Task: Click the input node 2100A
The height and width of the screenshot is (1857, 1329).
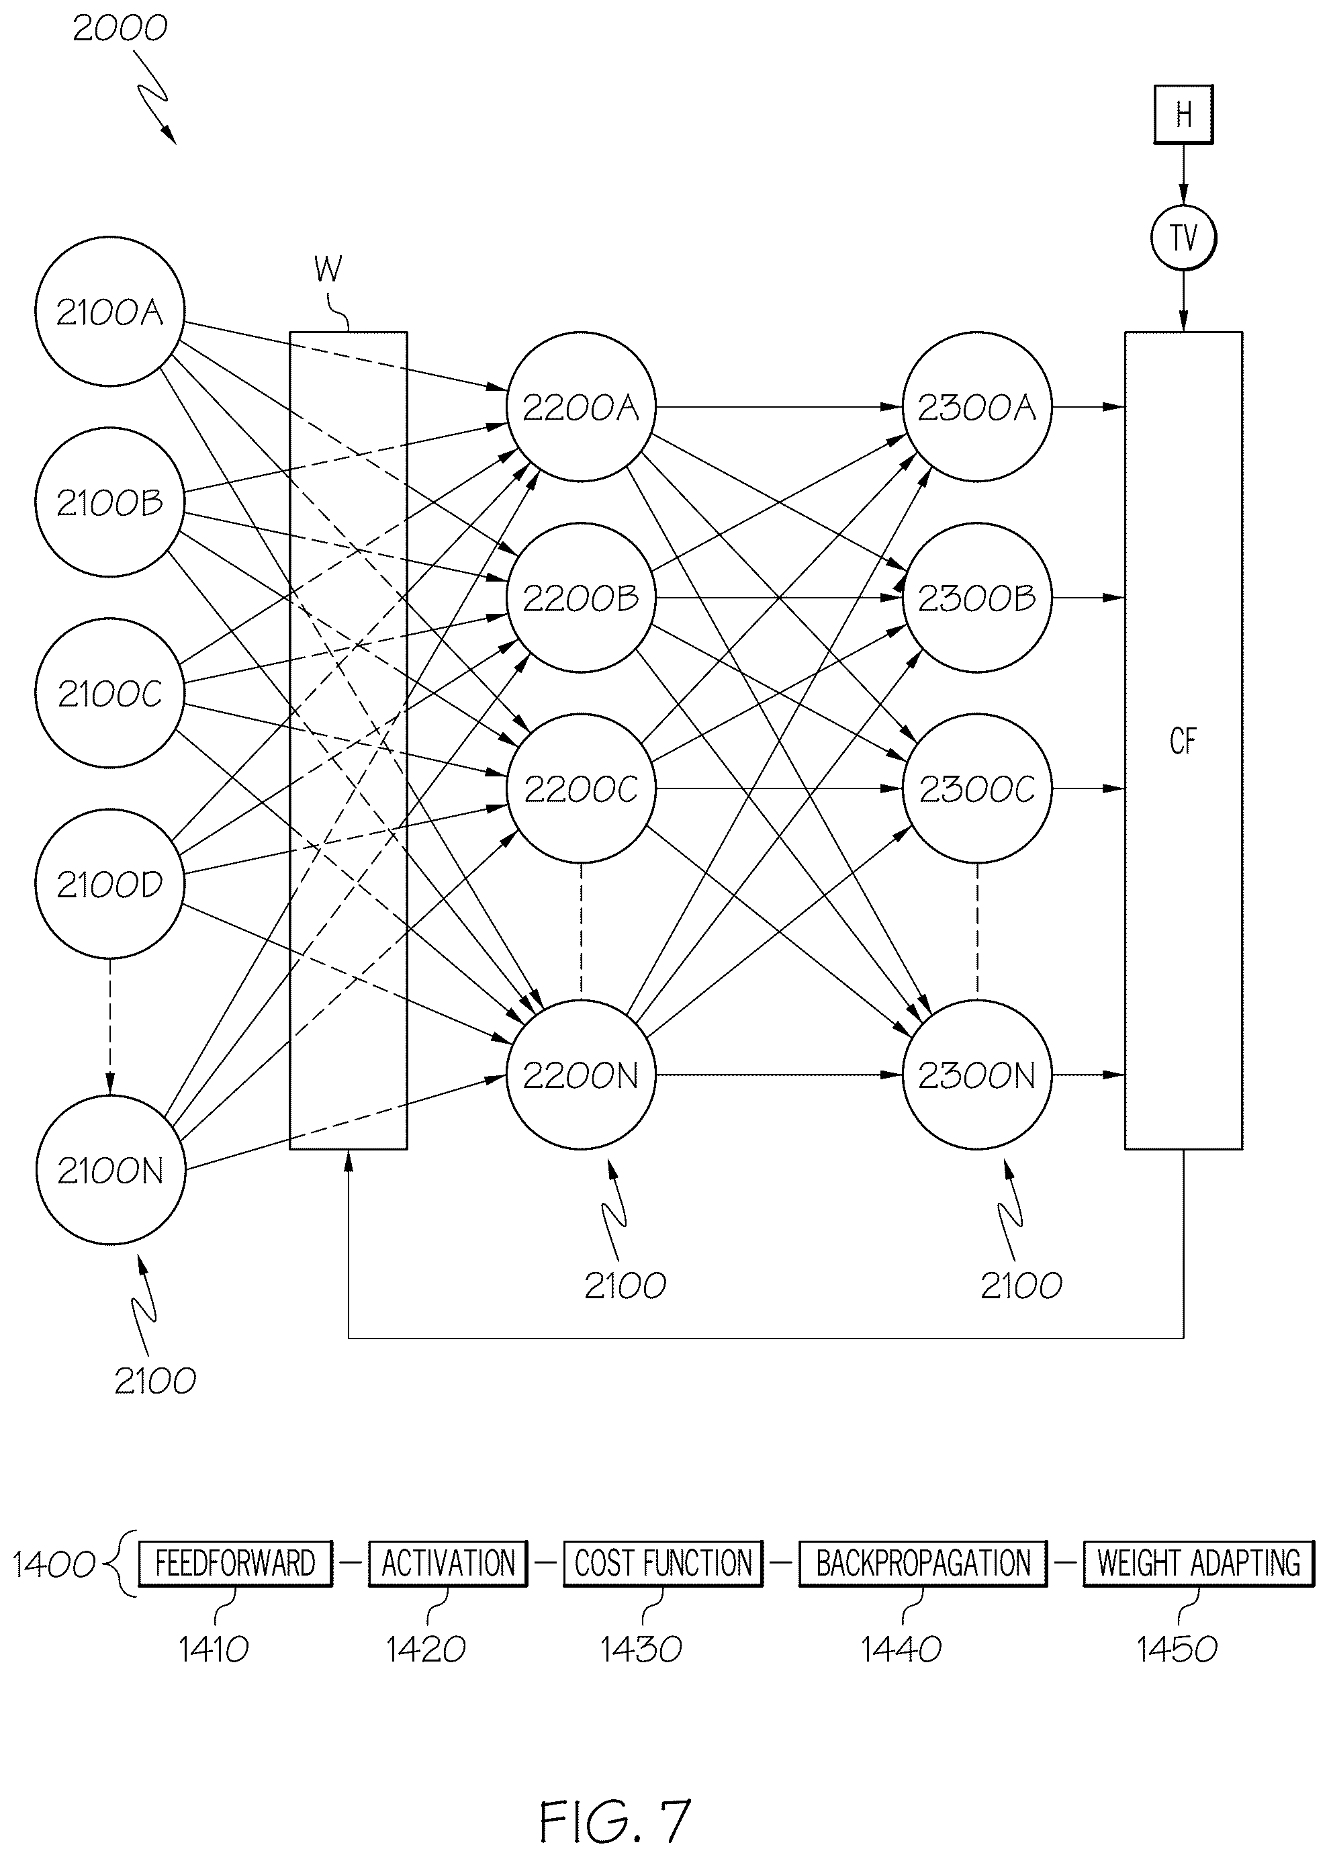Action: (x=109, y=312)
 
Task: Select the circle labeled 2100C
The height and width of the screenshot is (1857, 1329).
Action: (x=109, y=693)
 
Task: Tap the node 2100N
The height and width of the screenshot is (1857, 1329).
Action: (x=111, y=1171)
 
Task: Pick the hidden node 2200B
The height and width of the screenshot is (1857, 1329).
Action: (x=581, y=598)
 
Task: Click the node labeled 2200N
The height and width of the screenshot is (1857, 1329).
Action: (x=581, y=1075)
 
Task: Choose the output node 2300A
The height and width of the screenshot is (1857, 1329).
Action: (x=977, y=407)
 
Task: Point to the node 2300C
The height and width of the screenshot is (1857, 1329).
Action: (x=977, y=788)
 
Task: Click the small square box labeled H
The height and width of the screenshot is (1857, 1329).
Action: (x=1183, y=115)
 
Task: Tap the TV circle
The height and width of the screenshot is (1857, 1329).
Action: (x=1183, y=238)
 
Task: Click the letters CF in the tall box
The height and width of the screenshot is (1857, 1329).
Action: (x=1183, y=741)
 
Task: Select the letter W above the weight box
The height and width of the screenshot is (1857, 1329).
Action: (x=328, y=269)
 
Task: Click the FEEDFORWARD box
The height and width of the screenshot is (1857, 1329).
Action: (x=236, y=1564)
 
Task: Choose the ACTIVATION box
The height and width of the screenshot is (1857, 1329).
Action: (x=449, y=1564)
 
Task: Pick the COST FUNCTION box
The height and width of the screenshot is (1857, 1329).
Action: (x=663, y=1564)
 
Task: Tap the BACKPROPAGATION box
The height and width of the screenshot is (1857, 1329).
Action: (x=923, y=1564)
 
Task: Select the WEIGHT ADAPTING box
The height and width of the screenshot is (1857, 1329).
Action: (x=1199, y=1564)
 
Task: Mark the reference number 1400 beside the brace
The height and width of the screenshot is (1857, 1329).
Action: (x=54, y=1565)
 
